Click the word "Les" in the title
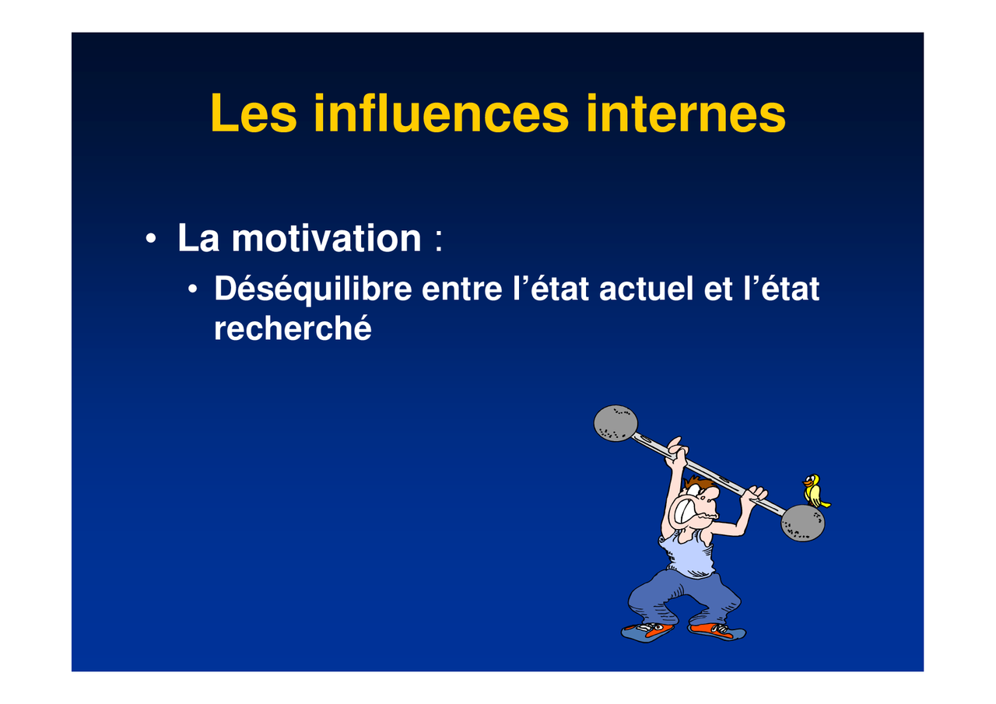[254, 113]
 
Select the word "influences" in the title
[441, 113]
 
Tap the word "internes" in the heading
[686, 113]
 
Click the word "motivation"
[326, 238]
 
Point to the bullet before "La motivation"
[151, 238]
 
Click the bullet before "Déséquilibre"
[192, 289]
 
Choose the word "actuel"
[647, 289]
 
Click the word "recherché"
[293, 328]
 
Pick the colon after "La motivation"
[438, 241]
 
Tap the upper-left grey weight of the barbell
[615, 423]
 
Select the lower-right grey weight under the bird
[803, 523]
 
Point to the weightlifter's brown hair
[698, 482]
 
